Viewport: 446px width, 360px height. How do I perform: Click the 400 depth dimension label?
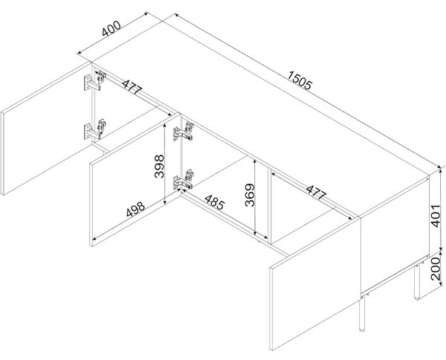coord(111,29)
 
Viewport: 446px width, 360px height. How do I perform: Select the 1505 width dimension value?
coord(300,80)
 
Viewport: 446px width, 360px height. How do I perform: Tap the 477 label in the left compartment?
coord(132,86)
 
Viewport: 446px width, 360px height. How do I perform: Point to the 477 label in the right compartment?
coord(315,193)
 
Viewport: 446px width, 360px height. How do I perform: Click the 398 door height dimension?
coord(159,166)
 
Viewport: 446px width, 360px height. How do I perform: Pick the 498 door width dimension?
coord(135,209)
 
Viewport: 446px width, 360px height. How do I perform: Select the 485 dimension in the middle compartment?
coord(215,202)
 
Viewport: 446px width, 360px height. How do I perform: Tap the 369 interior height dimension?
coord(250,195)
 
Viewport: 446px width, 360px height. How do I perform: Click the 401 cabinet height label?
coord(436,216)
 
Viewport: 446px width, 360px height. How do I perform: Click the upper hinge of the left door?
coord(94,81)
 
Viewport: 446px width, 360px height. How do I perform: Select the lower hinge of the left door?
coord(94,129)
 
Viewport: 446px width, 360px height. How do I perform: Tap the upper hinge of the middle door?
coord(184,132)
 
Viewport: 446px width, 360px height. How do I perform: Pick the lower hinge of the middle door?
coord(184,180)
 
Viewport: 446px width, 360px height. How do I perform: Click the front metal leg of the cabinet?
coord(362,313)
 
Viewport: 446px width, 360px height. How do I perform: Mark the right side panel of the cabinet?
coord(395,234)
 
